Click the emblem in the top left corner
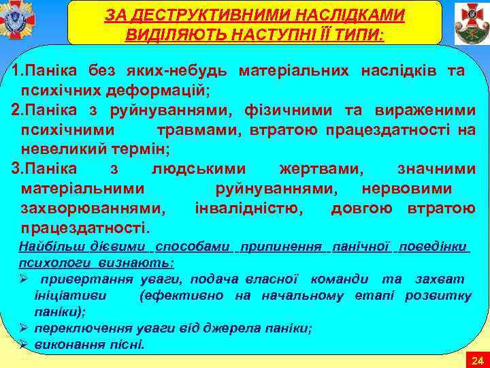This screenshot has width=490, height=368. (x=18, y=21)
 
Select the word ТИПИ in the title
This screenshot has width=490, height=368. (x=359, y=35)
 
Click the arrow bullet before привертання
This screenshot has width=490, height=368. (x=24, y=279)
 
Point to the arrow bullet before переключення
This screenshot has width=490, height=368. (x=24, y=328)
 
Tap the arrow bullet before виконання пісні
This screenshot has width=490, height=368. (x=24, y=345)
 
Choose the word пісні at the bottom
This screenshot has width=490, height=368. (x=128, y=345)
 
